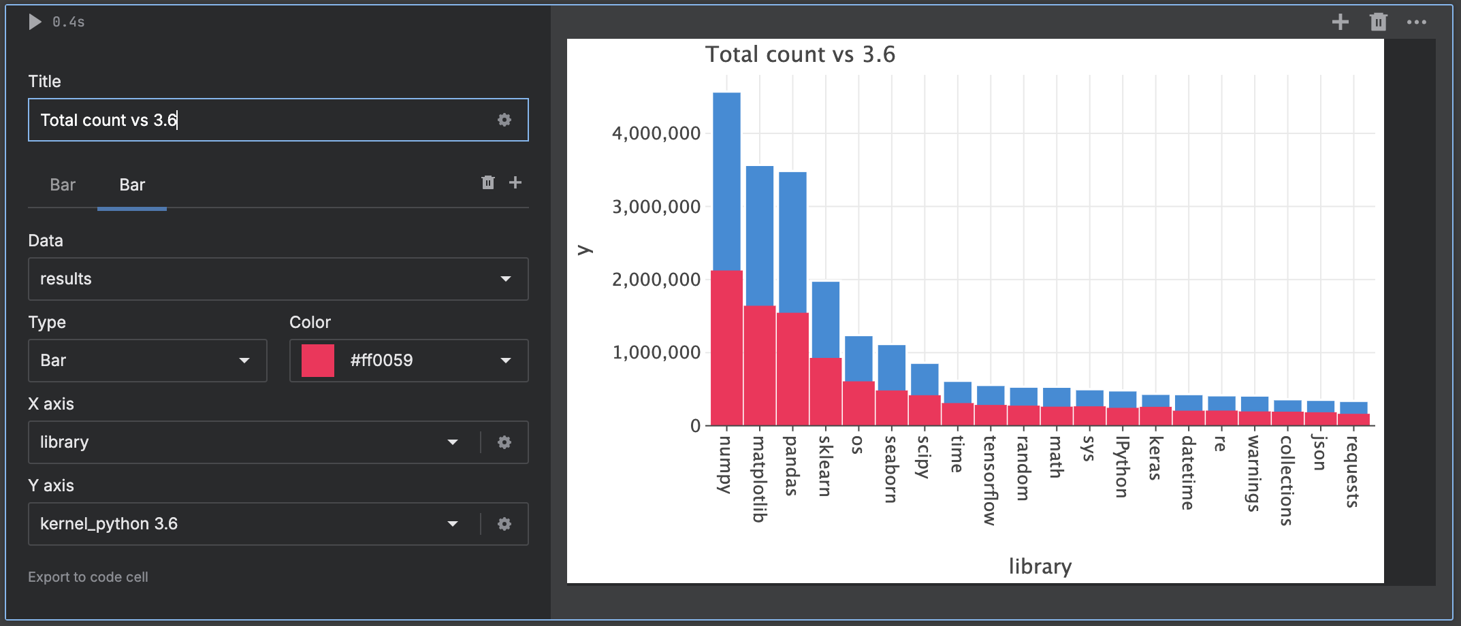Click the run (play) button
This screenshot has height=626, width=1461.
coord(35,22)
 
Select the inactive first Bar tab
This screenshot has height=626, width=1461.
coord(63,185)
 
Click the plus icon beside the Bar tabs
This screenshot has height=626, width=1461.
coord(515,182)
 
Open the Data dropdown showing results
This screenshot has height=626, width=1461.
coord(278,279)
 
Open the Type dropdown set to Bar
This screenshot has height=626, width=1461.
coord(147,361)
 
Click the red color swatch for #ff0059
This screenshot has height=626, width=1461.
coord(318,361)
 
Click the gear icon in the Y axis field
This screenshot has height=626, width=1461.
coord(504,524)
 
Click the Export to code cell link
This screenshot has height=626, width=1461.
coord(88,577)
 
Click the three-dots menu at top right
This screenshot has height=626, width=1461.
coord(1417,22)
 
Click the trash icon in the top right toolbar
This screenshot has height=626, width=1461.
coord(1378,22)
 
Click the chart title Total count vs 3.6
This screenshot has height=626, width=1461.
coord(800,54)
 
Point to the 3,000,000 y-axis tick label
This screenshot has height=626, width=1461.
coord(656,207)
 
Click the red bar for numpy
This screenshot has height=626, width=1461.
coord(726,347)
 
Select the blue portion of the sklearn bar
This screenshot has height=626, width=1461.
coord(825,318)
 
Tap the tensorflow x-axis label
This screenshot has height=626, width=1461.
coord(990,480)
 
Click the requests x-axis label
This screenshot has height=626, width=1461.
coord(1352,472)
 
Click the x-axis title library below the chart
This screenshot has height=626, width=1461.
coord(1040,566)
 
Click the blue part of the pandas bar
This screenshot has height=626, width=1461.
coord(792,242)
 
